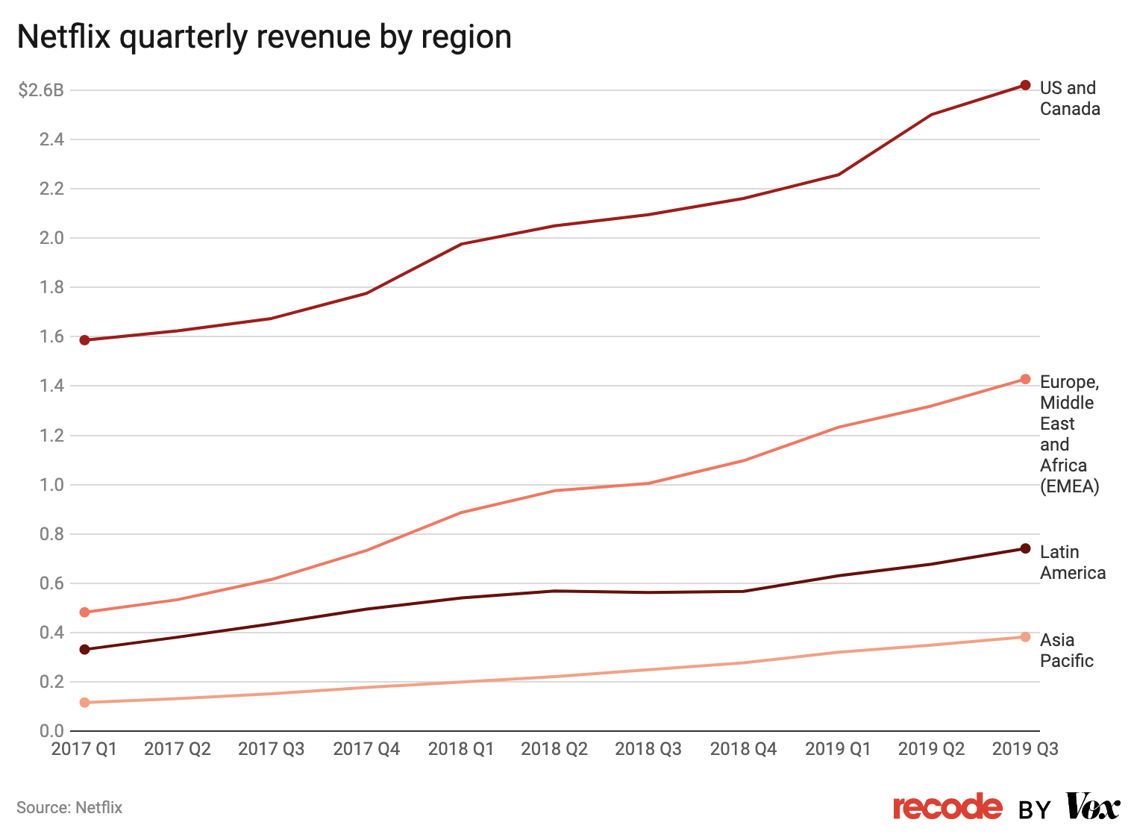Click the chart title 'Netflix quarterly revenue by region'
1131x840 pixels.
[264, 37]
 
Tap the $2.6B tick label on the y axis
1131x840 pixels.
[41, 91]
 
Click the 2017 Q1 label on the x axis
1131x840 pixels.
[84, 749]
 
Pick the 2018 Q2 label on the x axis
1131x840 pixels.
[554, 749]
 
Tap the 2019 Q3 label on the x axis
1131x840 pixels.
[1025, 749]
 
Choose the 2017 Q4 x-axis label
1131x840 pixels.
[366, 749]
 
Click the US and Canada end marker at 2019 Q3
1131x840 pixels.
[1025, 85]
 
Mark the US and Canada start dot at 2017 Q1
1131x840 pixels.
[84, 340]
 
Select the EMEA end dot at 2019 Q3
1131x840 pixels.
[1025, 379]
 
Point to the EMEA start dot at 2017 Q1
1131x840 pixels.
[84, 612]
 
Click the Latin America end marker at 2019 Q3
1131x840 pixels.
[1025, 548]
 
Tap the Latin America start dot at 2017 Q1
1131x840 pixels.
[84, 650]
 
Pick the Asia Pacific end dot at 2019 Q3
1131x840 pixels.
[1025, 637]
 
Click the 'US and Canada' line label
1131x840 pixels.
[1069, 98]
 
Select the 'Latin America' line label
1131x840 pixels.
[1072, 562]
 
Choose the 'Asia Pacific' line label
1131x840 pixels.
[1066, 651]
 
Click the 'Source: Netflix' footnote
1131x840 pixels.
[69, 808]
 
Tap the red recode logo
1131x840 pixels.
[947, 807]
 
